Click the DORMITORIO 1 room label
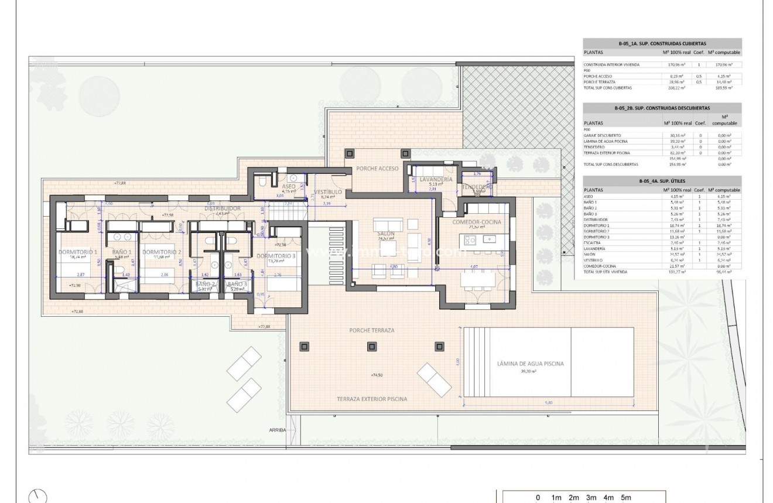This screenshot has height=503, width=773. coord(78,252)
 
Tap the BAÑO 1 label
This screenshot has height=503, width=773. coord(122,252)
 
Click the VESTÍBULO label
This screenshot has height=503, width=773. coord(329,192)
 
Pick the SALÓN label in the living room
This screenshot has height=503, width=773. coord(386,234)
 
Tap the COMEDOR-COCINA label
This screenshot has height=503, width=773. coord(478,223)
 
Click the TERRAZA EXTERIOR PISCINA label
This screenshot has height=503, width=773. coord(372,399)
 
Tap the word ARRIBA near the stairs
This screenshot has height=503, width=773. coord(278,430)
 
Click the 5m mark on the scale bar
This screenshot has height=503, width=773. coord(626,498)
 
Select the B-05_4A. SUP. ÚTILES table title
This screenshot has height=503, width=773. coord(662,182)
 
